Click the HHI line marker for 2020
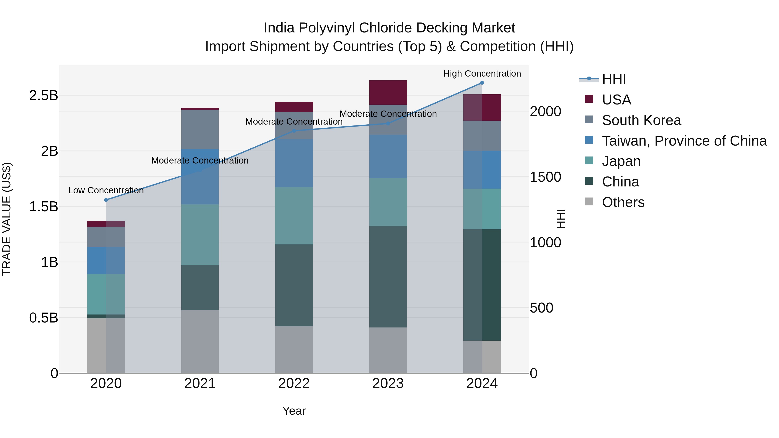(x=106, y=200)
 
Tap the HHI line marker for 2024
(x=482, y=83)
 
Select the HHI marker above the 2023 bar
(x=388, y=123)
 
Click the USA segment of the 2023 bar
(x=388, y=93)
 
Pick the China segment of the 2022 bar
(x=294, y=285)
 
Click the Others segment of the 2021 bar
(x=200, y=341)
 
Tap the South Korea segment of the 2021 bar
(x=200, y=129)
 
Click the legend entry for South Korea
(x=641, y=120)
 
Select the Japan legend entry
(x=621, y=161)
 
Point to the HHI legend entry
(x=614, y=79)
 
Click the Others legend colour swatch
(x=589, y=202)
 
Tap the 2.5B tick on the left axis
(x=43, y=96)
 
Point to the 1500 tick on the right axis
(x=545, y=177)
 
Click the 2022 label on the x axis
(x=294, y=383)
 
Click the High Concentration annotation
(x=482, y=74)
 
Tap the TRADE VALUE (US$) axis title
(x=7, y=219)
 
